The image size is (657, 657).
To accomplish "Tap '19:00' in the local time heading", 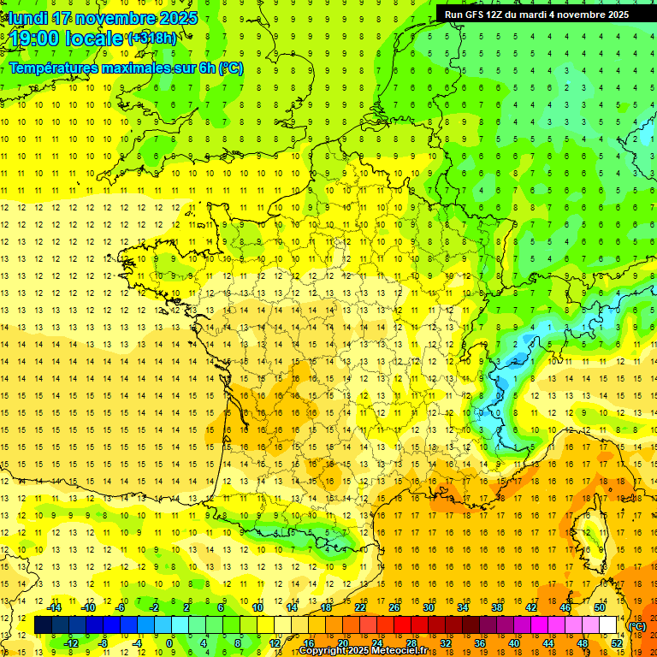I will [x=39, y=38].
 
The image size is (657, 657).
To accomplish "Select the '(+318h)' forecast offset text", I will [x=151, y=38].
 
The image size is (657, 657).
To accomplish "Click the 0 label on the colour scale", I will [x=169, y=642].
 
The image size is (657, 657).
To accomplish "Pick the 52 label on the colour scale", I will [x=617, y=642].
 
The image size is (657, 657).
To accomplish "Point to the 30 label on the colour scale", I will [x=428, y=608].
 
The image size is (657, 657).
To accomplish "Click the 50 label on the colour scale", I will [x=600, y=608].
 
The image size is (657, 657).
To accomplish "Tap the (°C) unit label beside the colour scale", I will [x=637, y=625].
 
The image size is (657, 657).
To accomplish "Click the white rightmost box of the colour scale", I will [x=608, y=625].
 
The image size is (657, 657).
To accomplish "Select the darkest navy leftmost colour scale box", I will [x=43, y=625].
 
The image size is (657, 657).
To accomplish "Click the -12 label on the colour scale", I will [x=73, y=642].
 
